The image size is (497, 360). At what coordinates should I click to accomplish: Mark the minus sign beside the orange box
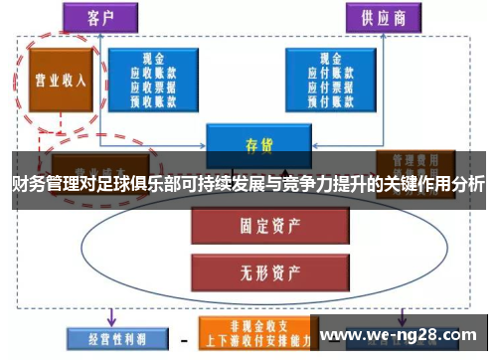click(183, 335)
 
